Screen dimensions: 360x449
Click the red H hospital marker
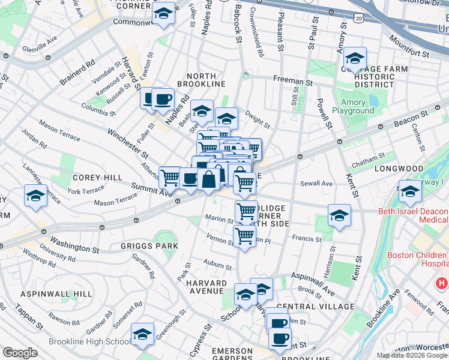pos(442,282)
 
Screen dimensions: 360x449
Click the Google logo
pos(20,353)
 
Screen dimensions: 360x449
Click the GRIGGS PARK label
pos(149,246)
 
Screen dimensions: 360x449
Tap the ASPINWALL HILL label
pos(48,294)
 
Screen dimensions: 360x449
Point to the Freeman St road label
pos(293,80)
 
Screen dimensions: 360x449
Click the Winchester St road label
pos(128,140)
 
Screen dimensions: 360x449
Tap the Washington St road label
pos(74,245)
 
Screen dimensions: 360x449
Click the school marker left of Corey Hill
pos(35,196)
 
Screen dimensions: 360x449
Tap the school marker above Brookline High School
pos(142,334)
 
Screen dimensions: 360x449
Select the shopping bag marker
pos(208,178)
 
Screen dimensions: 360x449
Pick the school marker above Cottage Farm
pos(355,58)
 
